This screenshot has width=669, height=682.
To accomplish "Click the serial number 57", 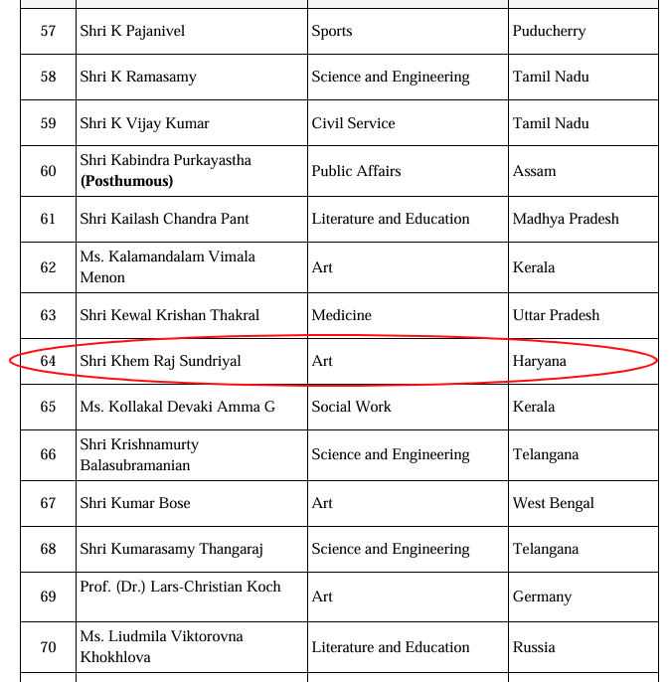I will click(48, 31).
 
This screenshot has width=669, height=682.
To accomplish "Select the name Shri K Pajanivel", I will click(132, 31).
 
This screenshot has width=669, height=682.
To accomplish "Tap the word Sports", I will click(331, 31).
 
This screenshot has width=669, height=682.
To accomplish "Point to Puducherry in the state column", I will click(549, 31).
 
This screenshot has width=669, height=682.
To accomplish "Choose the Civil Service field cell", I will click(353, 123).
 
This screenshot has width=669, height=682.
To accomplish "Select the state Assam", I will click(534, 171).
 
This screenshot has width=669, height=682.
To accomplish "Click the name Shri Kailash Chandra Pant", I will click(164, 219).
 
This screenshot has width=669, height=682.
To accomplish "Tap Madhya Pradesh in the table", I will click(566, 219).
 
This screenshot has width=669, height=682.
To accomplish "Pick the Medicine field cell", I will click(341, 315).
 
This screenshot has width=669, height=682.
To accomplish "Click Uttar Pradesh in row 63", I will click(556, 315).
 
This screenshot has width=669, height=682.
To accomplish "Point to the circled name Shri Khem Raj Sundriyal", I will click(160, 361).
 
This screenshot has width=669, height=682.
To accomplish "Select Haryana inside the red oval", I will click(539, 361).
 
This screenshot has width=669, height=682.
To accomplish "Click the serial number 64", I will click(48, 361).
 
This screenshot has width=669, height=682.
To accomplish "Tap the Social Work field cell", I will click(351, 407).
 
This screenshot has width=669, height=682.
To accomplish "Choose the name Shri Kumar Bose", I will click(134, 503).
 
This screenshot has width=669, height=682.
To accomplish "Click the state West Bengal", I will click(553, 503).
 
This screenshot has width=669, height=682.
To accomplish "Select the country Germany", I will click(542, 597).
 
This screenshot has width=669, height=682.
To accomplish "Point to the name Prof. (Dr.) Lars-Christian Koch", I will click(180, 587).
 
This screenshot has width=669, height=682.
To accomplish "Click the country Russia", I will click(534, 647).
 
